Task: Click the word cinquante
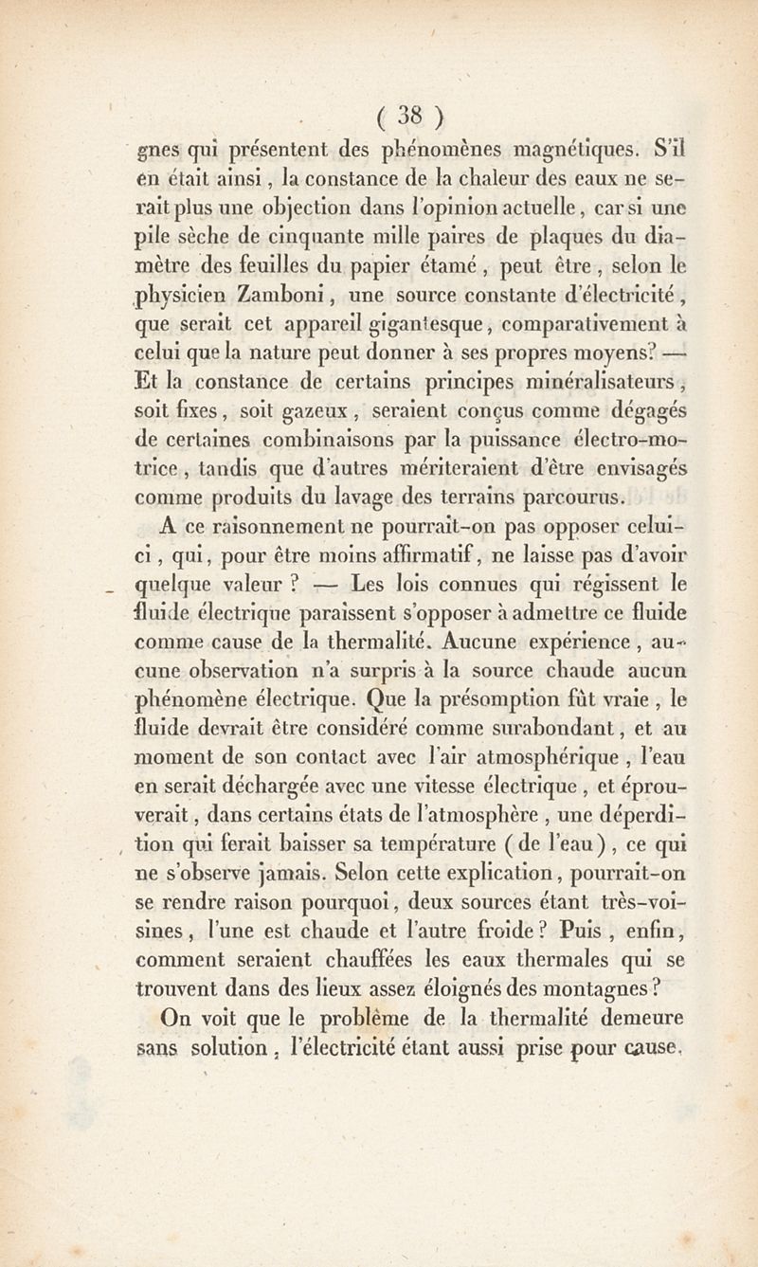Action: pyautogui.click(x=312, y=235)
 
